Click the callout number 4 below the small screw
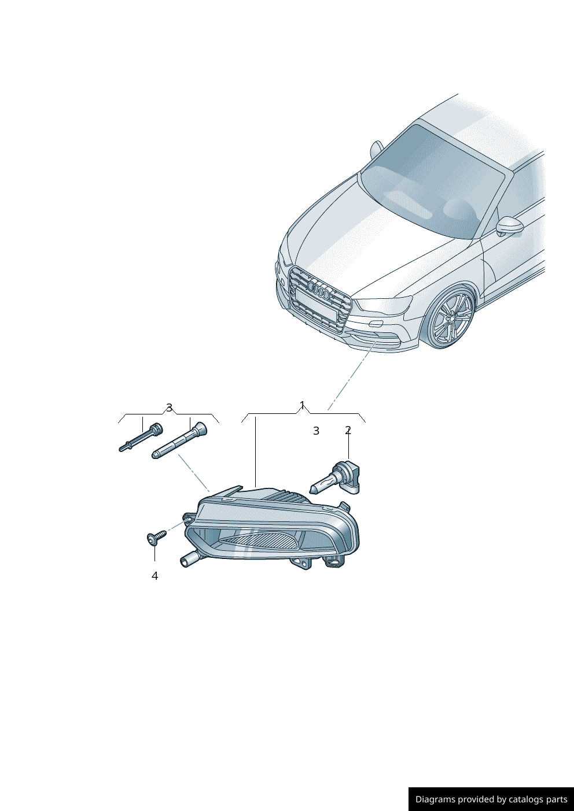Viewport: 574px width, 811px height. pos(154,576)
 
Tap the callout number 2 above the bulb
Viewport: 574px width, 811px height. pos(348,431)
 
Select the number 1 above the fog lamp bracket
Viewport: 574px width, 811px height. pos(302,405)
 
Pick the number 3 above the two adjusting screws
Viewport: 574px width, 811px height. pos(169,408)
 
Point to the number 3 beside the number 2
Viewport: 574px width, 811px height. pos(316,431)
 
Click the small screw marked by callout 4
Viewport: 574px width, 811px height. pos(157,537)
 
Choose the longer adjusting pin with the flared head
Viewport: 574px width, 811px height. pos(179,440)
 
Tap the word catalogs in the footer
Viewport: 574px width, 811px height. pos(525,799)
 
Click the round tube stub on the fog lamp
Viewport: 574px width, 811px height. pos(189,559)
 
